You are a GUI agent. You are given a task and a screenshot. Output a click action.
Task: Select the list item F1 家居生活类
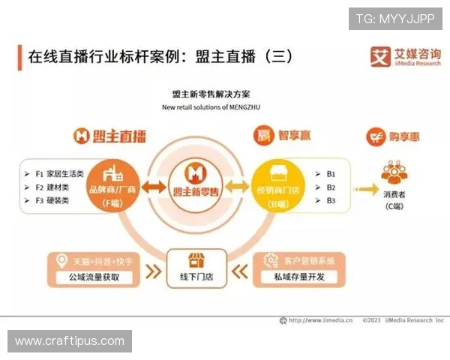point(61,172)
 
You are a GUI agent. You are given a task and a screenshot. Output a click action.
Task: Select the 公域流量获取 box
point(93,277)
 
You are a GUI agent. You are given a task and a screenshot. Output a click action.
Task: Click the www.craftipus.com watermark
point(70,341)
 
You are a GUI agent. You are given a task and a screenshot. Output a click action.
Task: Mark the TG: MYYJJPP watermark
point(395,18)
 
